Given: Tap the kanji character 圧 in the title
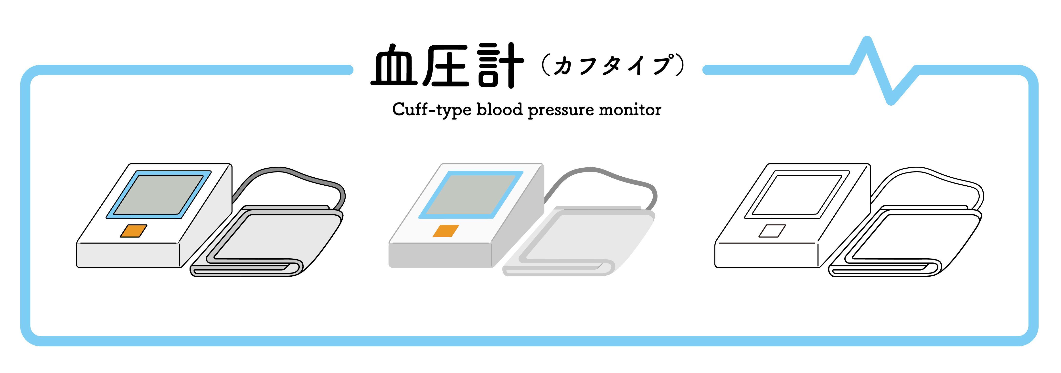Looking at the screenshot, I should [x=446, y=66].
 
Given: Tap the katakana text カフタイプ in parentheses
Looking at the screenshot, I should [x=613, y=66].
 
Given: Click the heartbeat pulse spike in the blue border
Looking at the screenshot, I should [x=879, y=70].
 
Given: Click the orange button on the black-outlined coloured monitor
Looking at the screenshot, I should [x=133, y=231].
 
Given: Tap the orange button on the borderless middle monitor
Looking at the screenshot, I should [x=446, y=231].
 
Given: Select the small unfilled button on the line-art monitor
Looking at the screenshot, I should [x=772, y=231].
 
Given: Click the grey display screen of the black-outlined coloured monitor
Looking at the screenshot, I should [x=159, y=194].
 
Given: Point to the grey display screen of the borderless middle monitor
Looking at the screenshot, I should [x=470, y=194].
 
